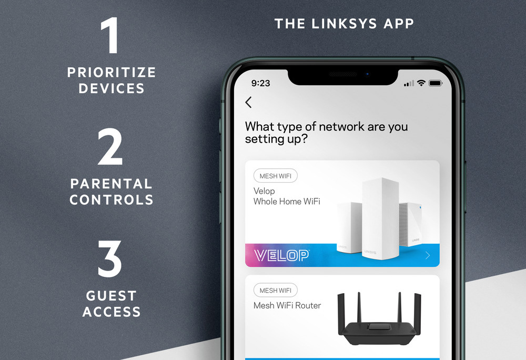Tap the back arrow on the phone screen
[248, 102]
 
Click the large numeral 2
[110, 147]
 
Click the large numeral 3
[110, 258]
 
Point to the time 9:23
[261, 83]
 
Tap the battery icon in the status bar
[436, 83]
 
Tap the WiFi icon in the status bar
[421, 83]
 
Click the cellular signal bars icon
[409, 83]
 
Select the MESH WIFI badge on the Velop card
[276, 176]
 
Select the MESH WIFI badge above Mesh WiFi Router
[276, 290]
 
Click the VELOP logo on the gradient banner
[281, 255]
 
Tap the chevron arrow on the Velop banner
[428, 256]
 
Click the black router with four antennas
[379, 319]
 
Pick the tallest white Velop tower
[381, 218]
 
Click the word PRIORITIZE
[112, 73]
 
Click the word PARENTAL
[112, 184]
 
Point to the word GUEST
[112, 296]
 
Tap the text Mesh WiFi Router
[287, 305]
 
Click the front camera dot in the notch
[367, 74]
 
